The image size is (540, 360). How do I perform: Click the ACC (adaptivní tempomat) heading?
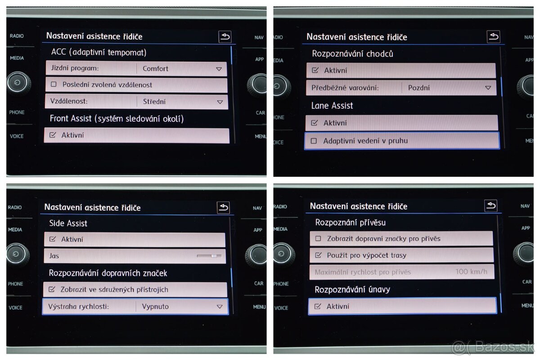[x=99, y=53]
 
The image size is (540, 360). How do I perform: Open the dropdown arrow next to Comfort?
[x=219, y=69]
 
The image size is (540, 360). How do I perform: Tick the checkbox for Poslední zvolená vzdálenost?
[x=54, y=85]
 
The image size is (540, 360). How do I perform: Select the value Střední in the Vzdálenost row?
[x=154, y=102]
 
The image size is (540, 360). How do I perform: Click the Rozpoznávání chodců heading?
[x=352, y=54]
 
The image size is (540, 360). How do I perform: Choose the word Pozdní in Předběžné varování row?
[x=419, y=88]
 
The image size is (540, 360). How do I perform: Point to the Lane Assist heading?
[x=332, y=106]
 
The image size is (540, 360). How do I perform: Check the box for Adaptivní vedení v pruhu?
[x=314, y=141]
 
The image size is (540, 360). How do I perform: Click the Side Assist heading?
[x=68, y=223]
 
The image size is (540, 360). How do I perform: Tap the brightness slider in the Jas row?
[x=209, y=256]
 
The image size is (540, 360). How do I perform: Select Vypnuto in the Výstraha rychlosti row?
[x=155, y=306]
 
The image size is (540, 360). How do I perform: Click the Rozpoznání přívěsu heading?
[x=351, y=222]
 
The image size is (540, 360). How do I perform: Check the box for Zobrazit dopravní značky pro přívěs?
[x=318, y=238]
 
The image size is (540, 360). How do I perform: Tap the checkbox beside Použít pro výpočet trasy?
[x=318, y=255]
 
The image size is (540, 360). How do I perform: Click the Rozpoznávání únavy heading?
[x=352, y=289]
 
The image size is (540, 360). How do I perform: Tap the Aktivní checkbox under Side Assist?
[x=52, y=239]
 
